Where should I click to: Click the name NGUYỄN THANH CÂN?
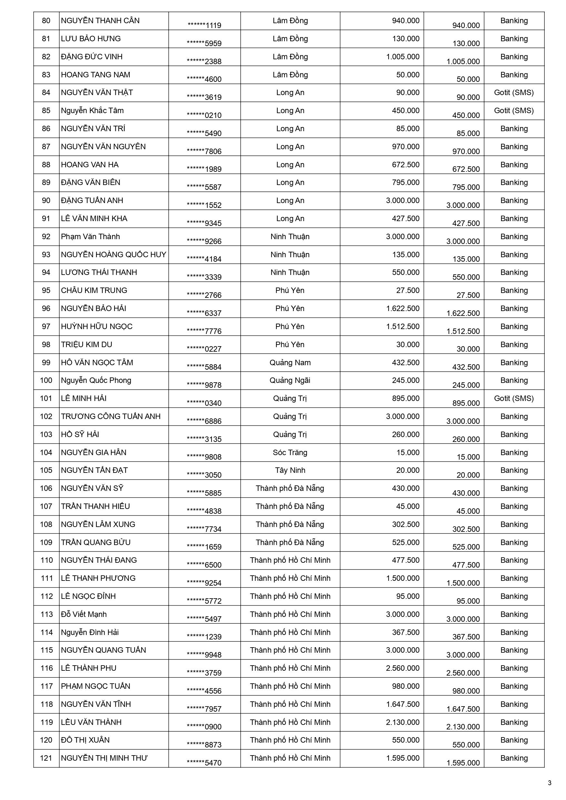100,21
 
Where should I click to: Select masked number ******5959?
204,44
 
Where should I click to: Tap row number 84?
46,93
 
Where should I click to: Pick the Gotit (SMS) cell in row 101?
514,398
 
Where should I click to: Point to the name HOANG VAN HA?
90,165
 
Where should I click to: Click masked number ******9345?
204,223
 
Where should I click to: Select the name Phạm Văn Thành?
90,237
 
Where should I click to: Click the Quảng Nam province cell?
290,363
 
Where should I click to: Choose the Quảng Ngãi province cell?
290,380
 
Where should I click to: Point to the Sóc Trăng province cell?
290,453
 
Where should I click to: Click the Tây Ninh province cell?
290,470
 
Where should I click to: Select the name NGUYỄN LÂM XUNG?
98,524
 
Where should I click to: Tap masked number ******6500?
204,565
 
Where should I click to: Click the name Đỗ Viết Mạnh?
84,614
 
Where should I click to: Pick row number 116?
46,668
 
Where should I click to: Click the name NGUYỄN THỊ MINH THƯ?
104,758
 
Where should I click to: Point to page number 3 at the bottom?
550,783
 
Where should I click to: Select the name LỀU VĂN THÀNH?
91,722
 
